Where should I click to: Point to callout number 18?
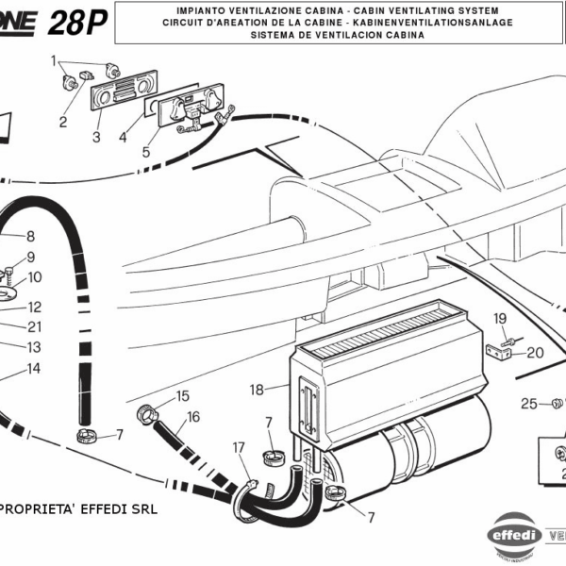(x=256, y=389)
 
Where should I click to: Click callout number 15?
(x=182, y=396)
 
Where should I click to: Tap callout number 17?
(x=239, y=446)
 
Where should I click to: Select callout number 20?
(x=535, y=354)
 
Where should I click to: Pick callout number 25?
(x=529, y=403)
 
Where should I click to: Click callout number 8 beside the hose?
(x=30, y=236)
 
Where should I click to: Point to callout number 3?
(x=96, y=138)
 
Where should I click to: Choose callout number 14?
(x=34, y=368)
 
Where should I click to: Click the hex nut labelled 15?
(x=148, y=412)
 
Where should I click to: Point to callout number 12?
(x=34, y=307)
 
